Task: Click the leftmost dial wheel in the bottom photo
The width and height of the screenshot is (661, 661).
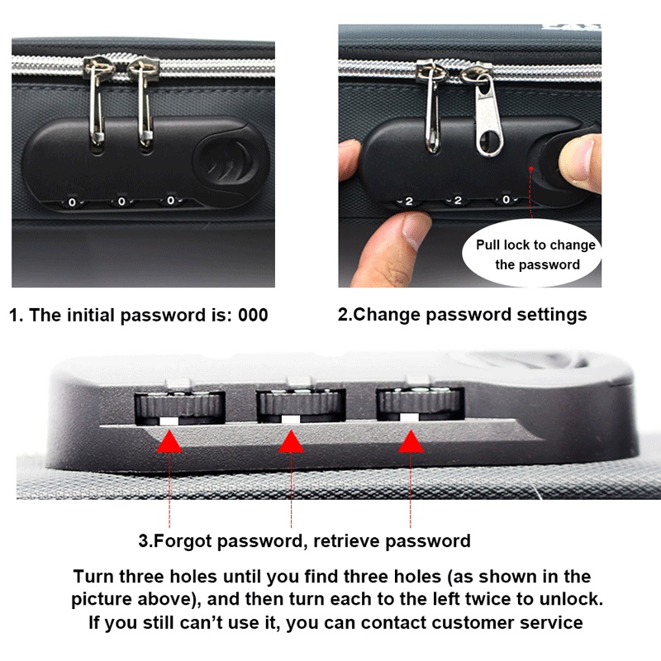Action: [x=180, y=407]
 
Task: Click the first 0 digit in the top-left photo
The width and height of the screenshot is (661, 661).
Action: [x=72, y=202]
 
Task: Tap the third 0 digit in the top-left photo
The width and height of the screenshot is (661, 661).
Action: [x=171, y=200]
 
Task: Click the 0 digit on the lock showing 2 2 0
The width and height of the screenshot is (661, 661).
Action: [x=506, y=199]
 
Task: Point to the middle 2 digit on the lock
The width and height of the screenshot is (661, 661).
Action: [x=458, y=200]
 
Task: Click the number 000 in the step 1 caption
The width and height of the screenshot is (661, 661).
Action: [x=253, y=316]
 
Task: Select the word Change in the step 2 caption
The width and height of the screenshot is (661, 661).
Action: [x=387, y=315]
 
